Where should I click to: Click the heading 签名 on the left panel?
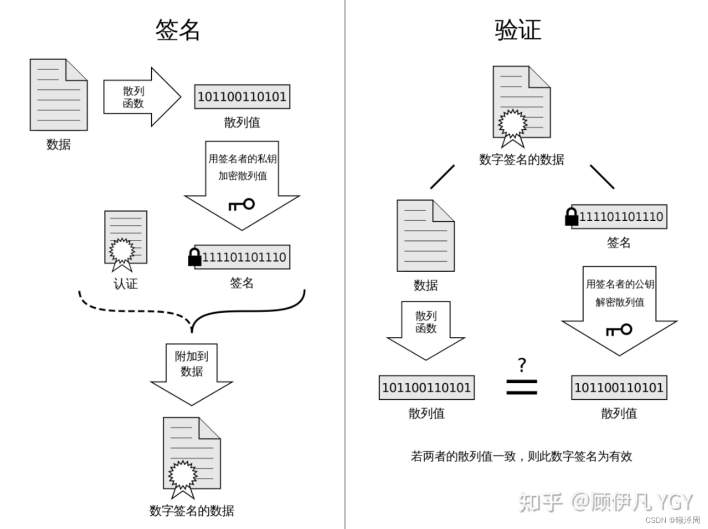tap(178, 30)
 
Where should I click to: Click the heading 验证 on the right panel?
tap(517, 30)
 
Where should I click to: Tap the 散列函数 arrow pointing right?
tap(141, 97)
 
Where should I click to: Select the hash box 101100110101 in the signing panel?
tap(242, 97)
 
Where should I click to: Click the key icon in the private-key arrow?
tap(242, 205)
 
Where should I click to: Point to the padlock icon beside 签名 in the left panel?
tap(195, 257)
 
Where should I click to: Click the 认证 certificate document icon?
tap(125, 239)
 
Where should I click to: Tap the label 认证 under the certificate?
tap(125, 284)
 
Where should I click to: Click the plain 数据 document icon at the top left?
tap(59, 95)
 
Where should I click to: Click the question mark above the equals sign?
tap(522, 365)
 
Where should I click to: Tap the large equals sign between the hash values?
tap(521, 387)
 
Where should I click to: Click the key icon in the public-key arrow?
tap(619, 330)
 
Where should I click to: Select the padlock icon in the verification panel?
tap(572, 217)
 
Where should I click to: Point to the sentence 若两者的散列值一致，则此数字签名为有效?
tap(521, 456)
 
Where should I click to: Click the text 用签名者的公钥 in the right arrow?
tap(620, 284)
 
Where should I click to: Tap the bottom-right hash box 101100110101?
tap(619, 388)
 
